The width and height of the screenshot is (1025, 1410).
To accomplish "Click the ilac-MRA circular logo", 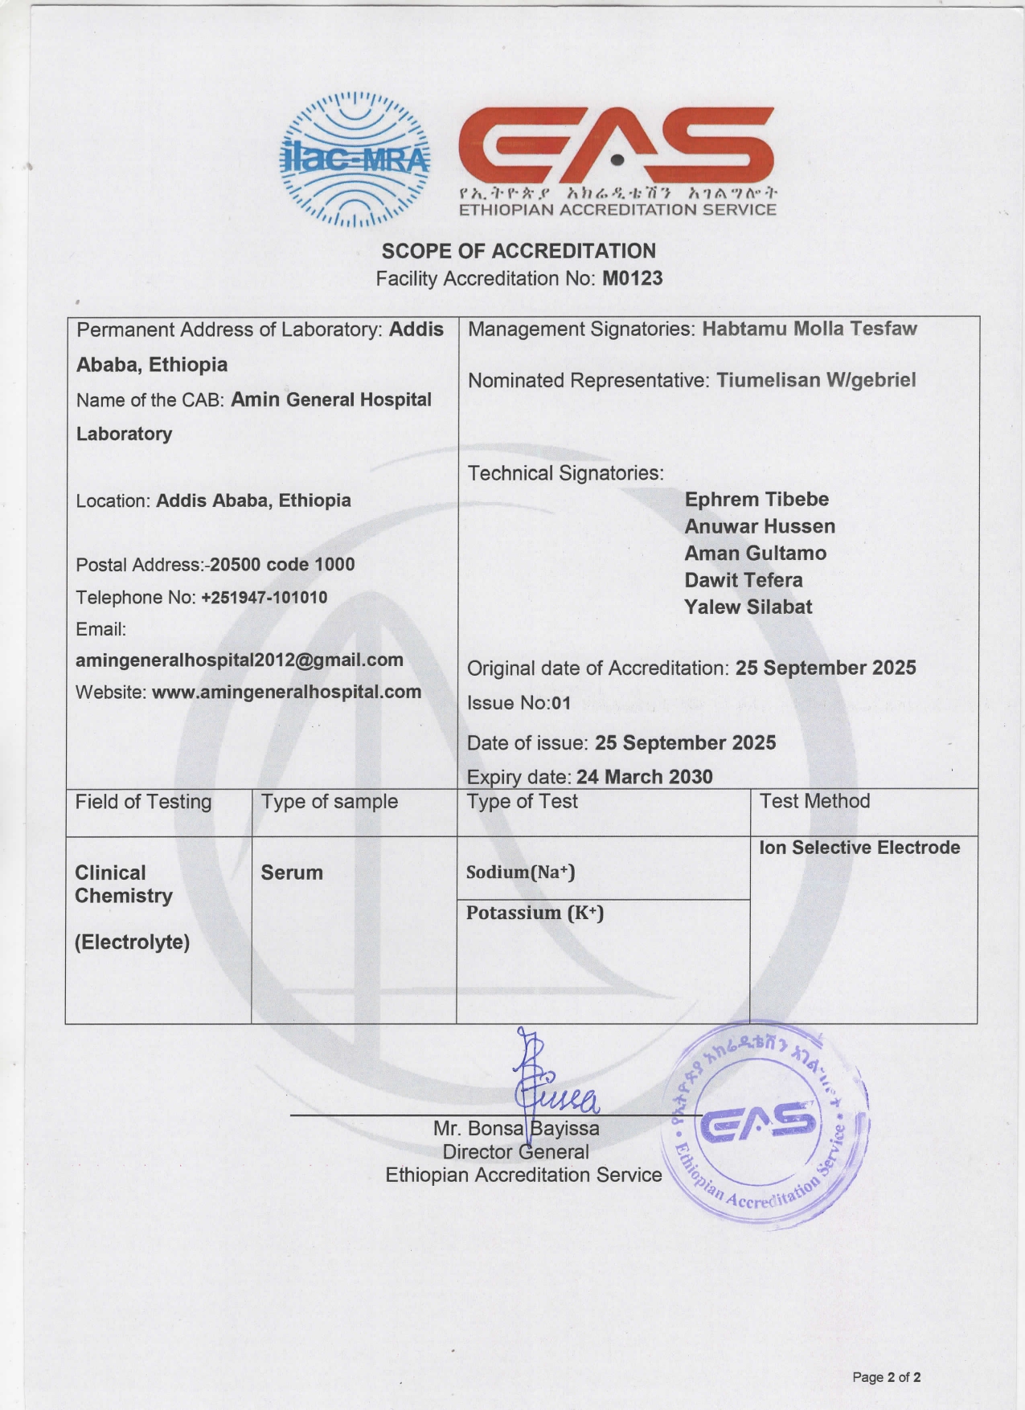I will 355,158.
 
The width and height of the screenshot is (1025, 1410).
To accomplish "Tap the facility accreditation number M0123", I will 632,279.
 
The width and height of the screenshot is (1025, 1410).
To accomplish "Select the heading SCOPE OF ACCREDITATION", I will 519,251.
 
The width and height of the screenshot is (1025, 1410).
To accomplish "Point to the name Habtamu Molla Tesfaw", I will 809,329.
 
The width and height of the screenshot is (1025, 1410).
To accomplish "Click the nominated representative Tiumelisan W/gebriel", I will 815,380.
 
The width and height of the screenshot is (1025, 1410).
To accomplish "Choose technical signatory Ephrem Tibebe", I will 756,499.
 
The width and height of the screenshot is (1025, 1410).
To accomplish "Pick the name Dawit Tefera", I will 744,580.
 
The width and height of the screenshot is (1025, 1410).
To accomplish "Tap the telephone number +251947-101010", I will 264,598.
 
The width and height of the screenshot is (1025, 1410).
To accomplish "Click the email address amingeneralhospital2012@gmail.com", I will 240,660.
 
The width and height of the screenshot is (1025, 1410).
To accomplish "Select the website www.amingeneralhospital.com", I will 286,692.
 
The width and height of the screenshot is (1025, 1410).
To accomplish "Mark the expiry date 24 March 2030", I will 644,777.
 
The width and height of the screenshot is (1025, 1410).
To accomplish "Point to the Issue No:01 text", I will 519,703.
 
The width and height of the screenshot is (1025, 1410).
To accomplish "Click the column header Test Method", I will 814,801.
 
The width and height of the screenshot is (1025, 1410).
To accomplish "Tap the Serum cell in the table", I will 292,873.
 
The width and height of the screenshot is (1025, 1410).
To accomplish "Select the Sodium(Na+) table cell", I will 520,872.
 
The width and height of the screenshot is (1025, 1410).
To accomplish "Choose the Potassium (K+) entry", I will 535,913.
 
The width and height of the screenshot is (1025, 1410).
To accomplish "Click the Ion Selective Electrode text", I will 859,848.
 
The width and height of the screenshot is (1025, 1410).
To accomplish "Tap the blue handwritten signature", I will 550,1081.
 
